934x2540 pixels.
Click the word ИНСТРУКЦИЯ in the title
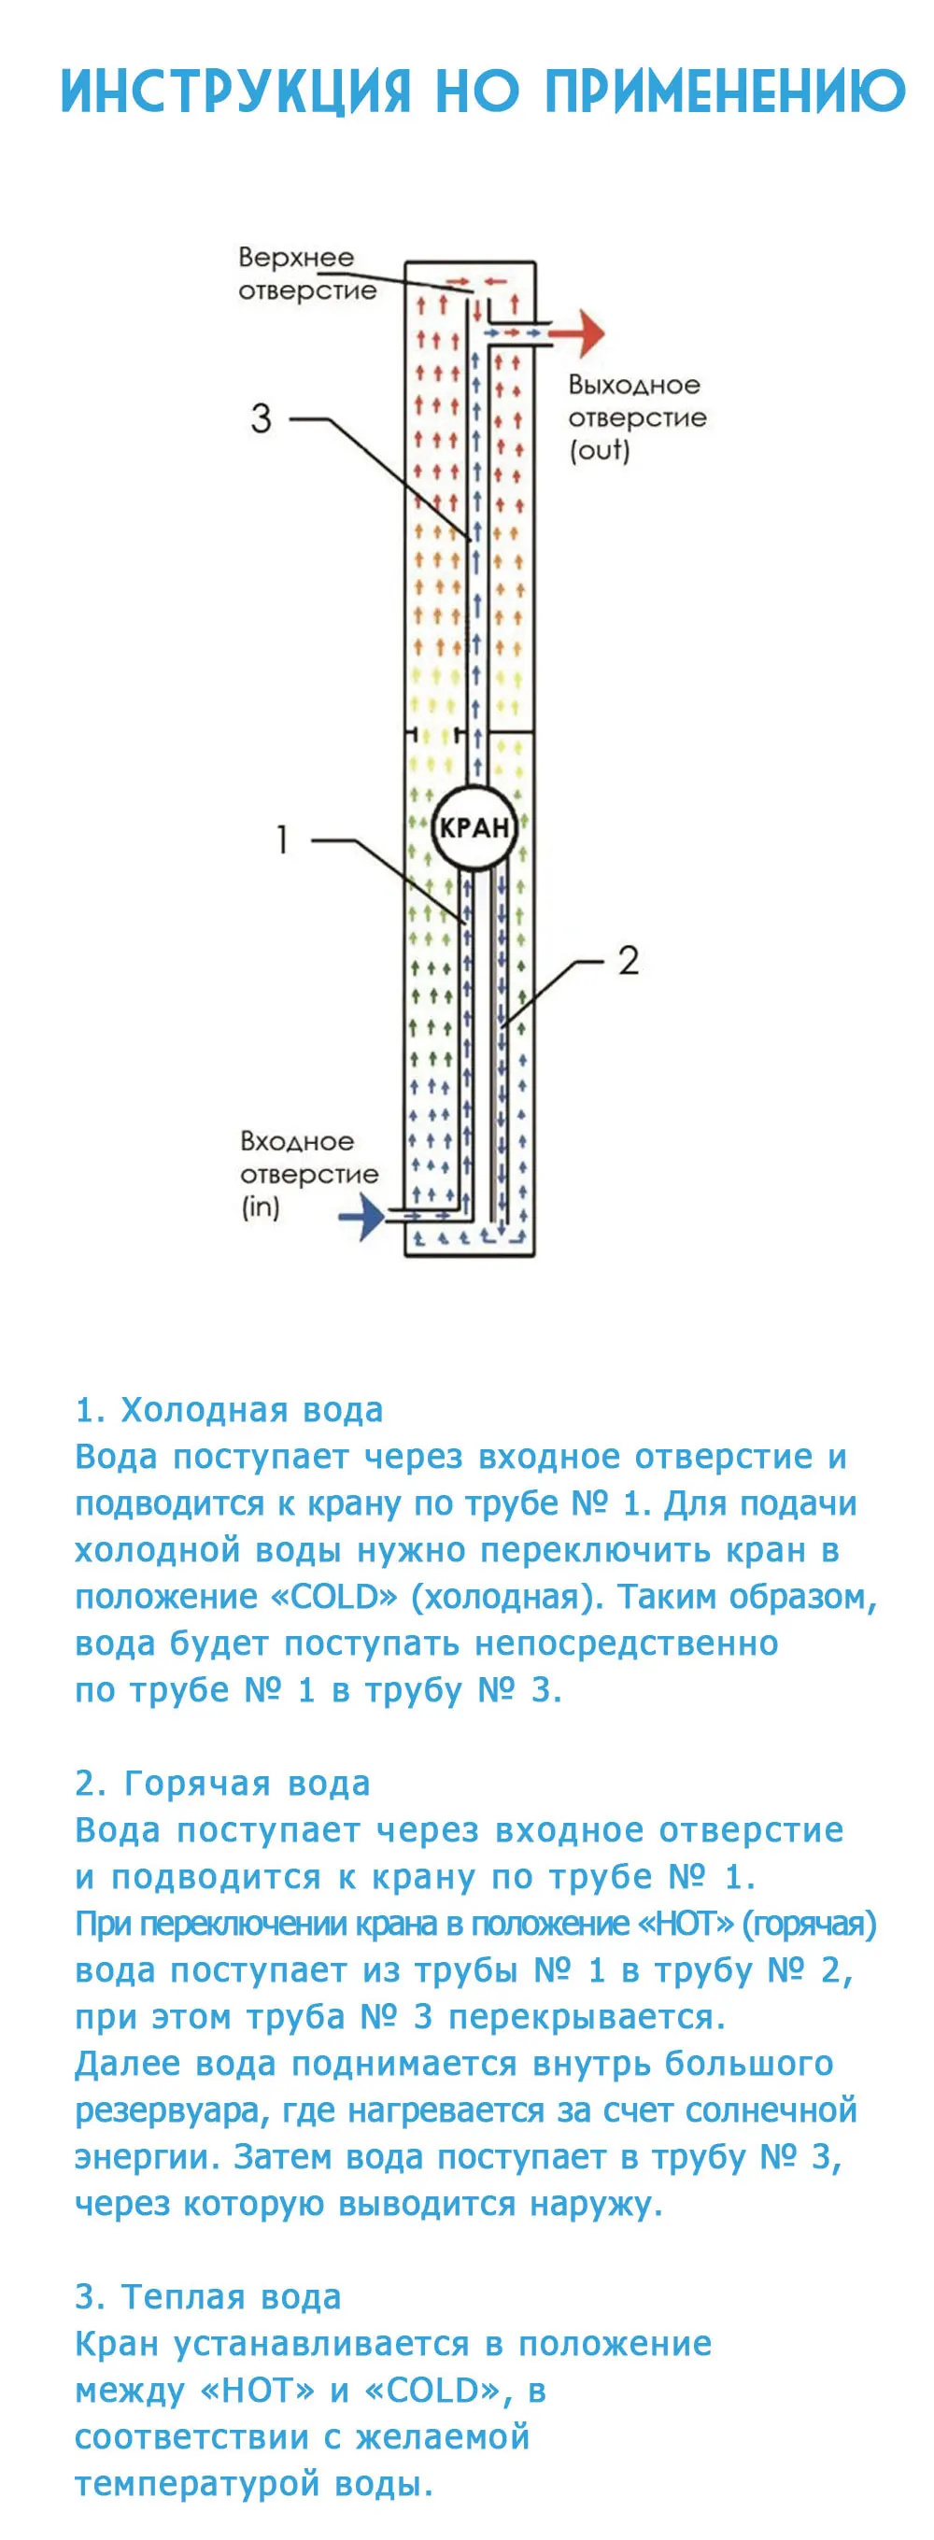235,92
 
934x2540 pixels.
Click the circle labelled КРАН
474,827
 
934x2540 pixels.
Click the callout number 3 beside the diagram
261,418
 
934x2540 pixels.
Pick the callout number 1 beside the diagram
283,840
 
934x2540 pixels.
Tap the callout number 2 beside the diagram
629,959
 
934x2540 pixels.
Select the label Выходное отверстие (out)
636,417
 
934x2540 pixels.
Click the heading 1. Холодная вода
230,1410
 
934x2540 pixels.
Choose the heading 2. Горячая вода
223,1783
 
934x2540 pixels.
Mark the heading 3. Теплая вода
208,2296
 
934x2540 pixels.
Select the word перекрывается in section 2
587,2016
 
